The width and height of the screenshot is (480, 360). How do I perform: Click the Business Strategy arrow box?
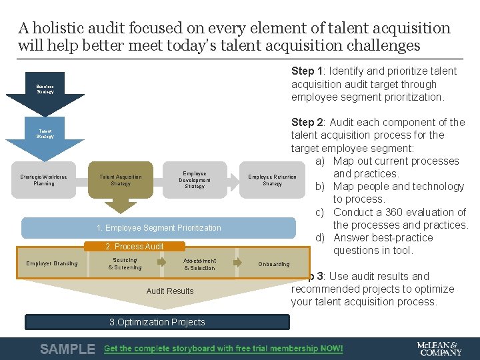click(x=45, y=89)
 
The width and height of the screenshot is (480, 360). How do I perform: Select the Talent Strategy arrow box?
click(x=45, y=133)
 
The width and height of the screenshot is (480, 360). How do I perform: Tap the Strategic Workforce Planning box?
click(x=44, y=180)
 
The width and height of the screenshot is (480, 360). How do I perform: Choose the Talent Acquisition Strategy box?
click(x=121, y=180)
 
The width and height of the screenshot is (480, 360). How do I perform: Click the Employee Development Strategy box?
click(x=195, y=180)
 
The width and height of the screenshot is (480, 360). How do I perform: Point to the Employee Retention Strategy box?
click(x=272, y=180)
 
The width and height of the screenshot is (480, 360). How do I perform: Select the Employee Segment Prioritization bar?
click(x=159, y=228)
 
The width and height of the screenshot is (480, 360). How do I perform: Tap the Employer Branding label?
click(x=52, y=263)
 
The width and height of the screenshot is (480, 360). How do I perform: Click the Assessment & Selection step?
click(x=200, y=264)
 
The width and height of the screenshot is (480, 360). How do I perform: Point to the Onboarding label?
click(x=273, y=264)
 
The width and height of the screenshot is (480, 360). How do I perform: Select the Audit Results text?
click(x=170, y=291)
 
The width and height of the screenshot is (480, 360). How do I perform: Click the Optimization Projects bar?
click(x=157, y=322)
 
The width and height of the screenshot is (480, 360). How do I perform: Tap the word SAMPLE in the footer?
click(x=67, y=349)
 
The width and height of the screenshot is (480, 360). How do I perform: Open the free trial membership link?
click(x=223, y=349)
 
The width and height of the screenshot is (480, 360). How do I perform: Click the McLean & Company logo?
click(x=438, y=349)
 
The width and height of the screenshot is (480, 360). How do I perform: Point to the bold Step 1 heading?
click(x=307, y=71)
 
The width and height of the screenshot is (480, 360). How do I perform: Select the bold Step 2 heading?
click(x=307, y=122)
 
